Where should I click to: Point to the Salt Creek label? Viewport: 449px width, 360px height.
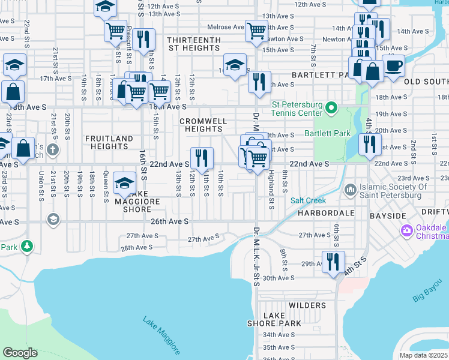pos(307,200)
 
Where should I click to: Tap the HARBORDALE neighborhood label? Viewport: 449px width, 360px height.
pos(321,213)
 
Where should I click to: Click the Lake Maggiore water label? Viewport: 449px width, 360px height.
pos(161,335)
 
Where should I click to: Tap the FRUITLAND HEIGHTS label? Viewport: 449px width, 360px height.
pos(109,142)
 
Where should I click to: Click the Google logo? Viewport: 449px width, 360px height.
pos(20,352)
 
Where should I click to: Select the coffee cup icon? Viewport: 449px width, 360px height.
pos(394,65)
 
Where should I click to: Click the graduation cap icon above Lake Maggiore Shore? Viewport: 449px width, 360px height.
pos(124,182)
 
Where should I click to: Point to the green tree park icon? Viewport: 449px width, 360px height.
pos(26,245)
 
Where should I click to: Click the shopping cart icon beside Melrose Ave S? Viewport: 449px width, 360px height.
pos(256,29)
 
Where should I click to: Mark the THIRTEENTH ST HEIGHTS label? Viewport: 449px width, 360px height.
pos(194,44)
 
